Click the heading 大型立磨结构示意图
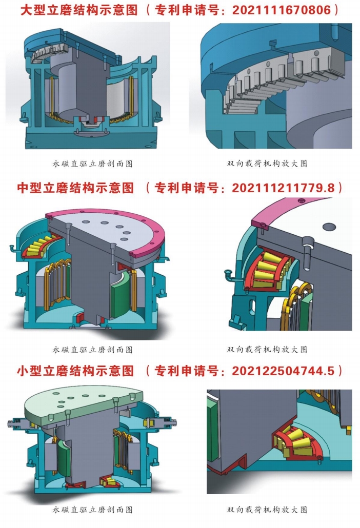click(79, 10)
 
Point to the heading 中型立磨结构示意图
click(76, 187)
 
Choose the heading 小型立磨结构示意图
click(76, 371)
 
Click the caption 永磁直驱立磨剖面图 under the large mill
click(92, 164)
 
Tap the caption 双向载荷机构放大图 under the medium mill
click(267, 350)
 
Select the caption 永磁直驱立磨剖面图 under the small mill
click(92, 510)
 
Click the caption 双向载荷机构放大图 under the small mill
click(267, 510)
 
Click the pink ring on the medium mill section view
click(148, 236)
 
